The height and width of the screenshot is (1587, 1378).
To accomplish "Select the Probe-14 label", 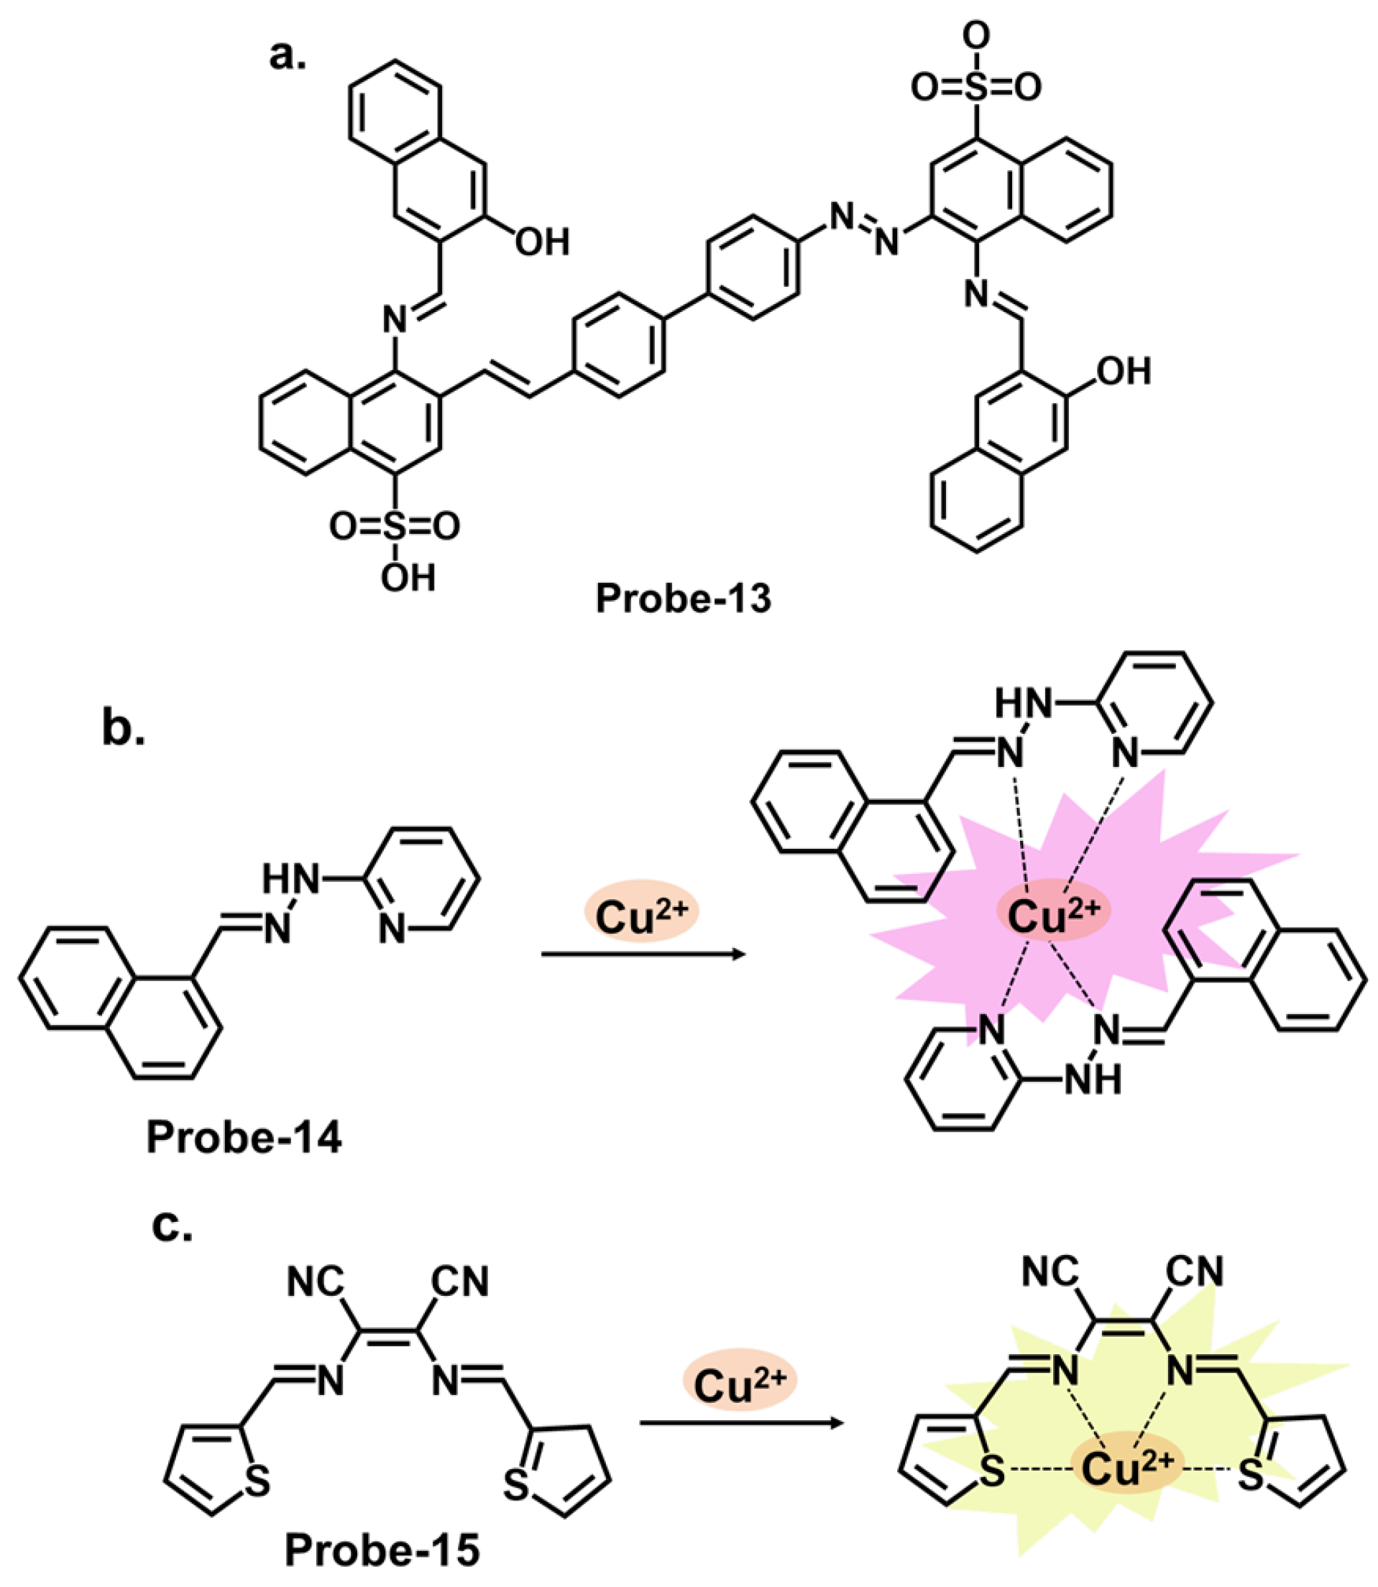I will (244, 1136).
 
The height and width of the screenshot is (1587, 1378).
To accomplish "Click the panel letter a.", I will (287, 55).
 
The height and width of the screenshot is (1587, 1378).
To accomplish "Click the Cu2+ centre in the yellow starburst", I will (1127, 1469).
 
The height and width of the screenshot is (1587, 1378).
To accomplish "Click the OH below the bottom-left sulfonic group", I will (408, 578).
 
